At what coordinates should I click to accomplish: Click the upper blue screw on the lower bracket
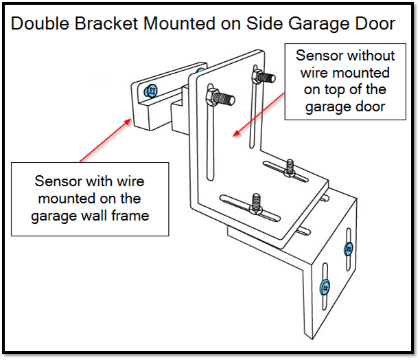pos(348,248)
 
